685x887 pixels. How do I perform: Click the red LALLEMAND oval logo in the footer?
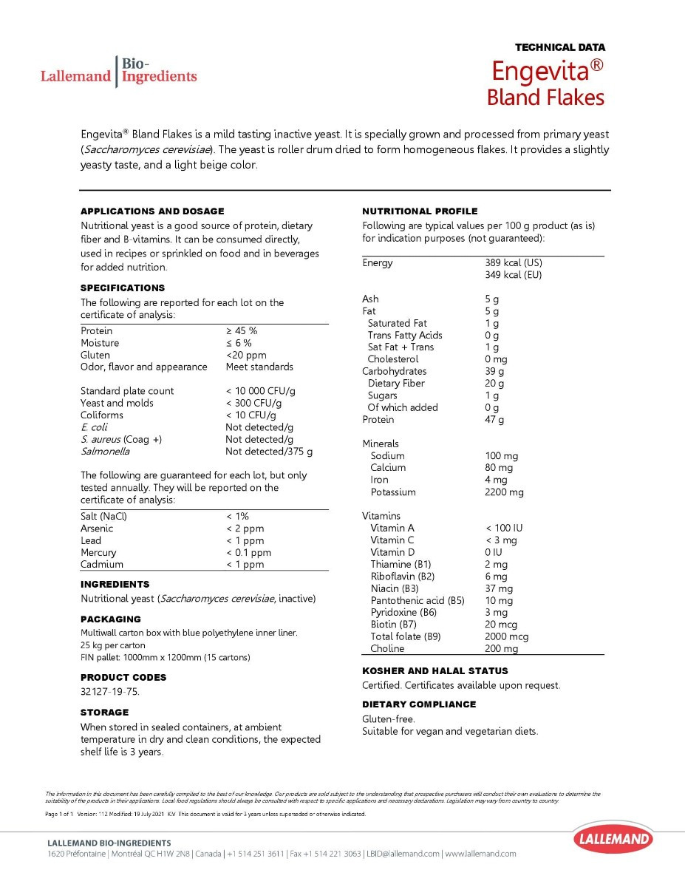(x=613, y=839)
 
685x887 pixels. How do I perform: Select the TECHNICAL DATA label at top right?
(x=559, y=47)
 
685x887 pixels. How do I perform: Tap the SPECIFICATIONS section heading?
(x=123, y=288)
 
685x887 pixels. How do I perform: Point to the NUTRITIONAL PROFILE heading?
(x=420, y=211)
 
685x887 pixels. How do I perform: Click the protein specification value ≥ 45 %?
(x=242, y=330)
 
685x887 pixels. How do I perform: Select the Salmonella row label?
(x=105, y=451)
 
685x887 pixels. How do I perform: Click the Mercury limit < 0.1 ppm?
(x=248, y=552)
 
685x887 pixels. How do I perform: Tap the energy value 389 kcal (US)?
(x=514, y=262)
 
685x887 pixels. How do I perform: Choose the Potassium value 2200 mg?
(x=504, y=492)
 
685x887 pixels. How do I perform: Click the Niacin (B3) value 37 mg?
(x=498, y=588)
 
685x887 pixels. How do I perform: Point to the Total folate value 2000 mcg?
(x=506, y=636)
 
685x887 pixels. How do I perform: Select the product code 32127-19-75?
(x=109, y=692)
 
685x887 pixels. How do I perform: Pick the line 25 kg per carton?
(x=113, y=645)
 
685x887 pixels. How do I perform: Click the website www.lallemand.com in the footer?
(x=480, y=854)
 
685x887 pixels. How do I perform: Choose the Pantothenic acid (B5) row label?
(x=418, y=600)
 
